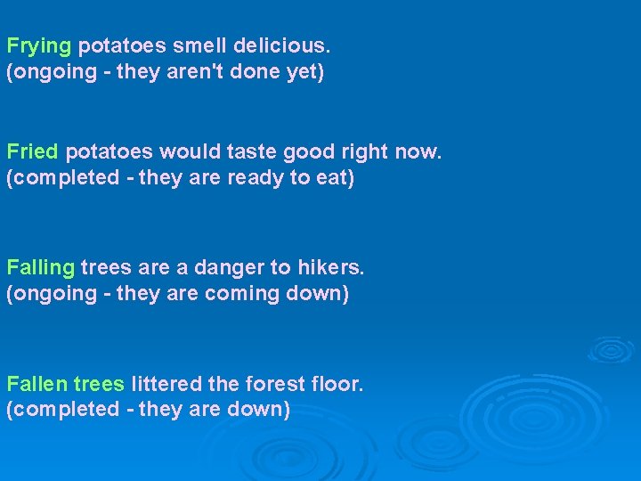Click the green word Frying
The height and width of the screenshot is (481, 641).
point(39,45)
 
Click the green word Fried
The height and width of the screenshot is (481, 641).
point(32,151)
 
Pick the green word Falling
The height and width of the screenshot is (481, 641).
point(40,267)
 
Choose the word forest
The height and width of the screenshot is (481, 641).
point(272,384)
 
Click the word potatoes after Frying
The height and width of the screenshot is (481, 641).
point(118,45)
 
